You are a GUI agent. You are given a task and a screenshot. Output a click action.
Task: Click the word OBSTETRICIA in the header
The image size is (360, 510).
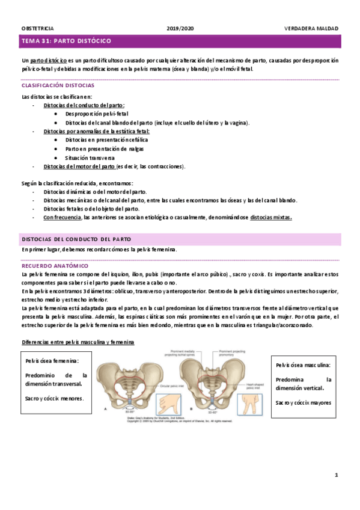coord(37,28)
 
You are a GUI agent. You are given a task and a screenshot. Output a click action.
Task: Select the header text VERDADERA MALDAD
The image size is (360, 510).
coord(311,28)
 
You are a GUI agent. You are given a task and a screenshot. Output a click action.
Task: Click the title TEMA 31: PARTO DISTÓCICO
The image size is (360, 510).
coord(66,41)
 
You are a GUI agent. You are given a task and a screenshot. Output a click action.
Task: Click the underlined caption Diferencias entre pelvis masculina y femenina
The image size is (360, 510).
coord(78,342)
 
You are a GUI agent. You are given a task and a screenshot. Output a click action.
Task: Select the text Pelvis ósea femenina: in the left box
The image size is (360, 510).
coord(52,361)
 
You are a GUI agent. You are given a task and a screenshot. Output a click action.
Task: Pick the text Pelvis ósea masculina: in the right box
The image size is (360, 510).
coord(303,365)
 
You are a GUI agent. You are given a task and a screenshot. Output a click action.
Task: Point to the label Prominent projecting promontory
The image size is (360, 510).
coord(234,354)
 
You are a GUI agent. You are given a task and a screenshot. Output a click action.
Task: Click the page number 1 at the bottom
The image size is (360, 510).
coord(337,475)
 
